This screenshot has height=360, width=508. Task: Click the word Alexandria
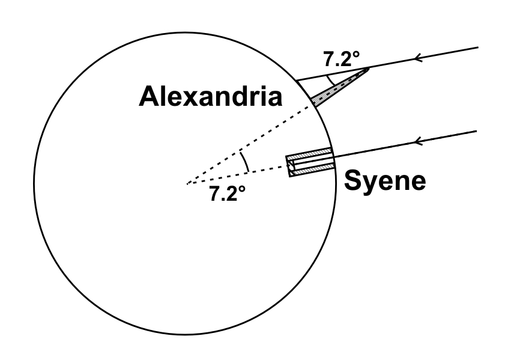[210, 97]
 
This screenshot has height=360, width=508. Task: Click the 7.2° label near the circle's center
[228, 194]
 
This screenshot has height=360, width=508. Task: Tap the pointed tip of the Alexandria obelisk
[367, 70]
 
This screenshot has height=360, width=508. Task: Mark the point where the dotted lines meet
[187, 183]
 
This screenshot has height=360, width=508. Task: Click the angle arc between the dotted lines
[244, 162]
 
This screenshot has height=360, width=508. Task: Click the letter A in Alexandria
[150, 97]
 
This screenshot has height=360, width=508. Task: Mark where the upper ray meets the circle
[295, 81]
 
